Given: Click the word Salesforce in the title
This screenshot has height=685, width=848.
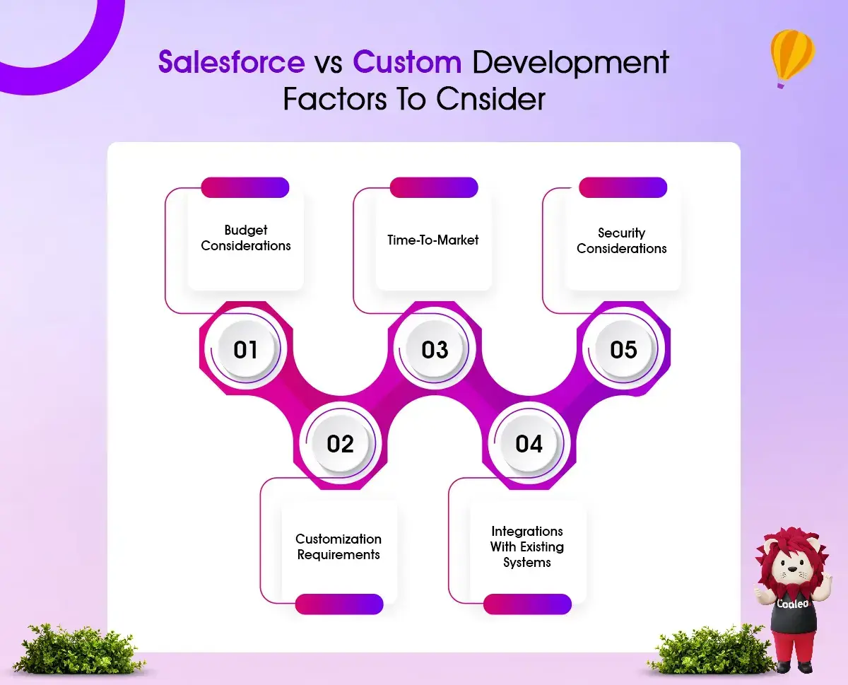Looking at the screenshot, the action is tap(232, 62).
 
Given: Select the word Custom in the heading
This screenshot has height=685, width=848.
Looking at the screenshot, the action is tap(407, 62).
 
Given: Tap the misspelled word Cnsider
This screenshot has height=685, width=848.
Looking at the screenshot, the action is tap(490, 99).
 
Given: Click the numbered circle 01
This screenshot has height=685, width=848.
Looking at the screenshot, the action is tap(246, 349).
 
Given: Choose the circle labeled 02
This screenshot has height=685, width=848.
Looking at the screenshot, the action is tap(340, 443).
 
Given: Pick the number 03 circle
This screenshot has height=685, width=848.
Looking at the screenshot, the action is tap(435, 349).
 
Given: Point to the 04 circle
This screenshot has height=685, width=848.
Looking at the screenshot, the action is tap(529, 443).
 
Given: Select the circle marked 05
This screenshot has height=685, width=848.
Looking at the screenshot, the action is tap(623, 349).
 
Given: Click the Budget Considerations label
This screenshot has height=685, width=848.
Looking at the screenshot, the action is tap(246, 238).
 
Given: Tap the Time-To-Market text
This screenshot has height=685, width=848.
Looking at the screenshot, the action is tap(432, 240).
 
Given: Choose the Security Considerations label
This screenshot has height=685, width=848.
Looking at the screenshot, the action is tap(621, 240).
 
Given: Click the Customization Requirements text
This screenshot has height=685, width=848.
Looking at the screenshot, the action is tap(338, 547).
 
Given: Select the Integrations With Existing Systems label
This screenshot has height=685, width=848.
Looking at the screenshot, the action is tap(526, 546).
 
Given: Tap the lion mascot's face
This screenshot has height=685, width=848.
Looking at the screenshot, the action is tap(793, 565).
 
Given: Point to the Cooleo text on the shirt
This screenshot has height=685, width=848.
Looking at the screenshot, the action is tap(793, 604).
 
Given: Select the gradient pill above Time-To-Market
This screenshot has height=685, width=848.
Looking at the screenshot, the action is tap(434, 187).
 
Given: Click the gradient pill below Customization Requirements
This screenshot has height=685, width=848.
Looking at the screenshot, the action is tap(339, 604).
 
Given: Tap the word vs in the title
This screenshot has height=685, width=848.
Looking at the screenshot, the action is tap(329, 64).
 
